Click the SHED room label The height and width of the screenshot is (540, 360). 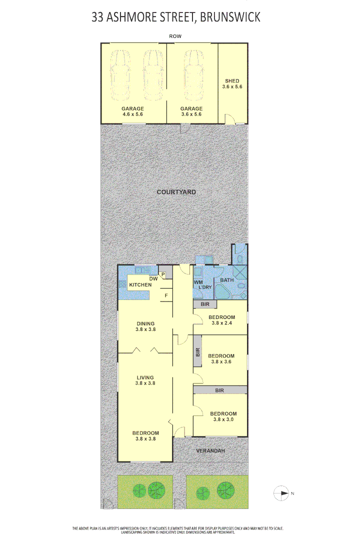232,81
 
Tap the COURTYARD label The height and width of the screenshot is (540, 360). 176,192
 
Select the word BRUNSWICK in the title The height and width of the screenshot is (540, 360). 230,17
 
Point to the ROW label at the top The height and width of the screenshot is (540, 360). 175,36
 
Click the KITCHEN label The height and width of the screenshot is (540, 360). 140,285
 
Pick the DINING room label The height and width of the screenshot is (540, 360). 145,323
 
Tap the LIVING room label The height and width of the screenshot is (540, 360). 144,377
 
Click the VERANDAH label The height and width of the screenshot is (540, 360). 210,451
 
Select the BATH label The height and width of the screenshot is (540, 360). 227,280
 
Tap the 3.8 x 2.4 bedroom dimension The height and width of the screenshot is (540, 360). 222,323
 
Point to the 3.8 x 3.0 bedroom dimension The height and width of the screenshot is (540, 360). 223,420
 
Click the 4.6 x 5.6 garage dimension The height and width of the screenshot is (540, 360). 133,114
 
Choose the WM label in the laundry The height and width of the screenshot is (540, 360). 198,282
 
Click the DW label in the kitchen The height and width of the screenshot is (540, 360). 153,279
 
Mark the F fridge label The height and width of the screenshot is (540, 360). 165,296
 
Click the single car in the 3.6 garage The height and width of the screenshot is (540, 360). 192,75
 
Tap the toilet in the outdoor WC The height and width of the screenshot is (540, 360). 240,258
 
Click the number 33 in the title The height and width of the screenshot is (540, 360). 98,17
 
